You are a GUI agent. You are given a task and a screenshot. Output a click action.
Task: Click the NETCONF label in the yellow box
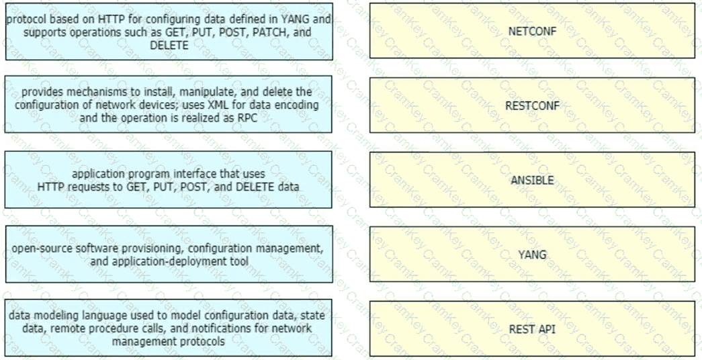pos(532,32)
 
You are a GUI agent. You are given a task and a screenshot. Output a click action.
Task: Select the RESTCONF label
pos(532,105)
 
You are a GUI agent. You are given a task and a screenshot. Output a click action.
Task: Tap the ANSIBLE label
pos(532,180)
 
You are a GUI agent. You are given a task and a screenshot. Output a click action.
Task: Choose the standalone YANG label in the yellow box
pos(532,255)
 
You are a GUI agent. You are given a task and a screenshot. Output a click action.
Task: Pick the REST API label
pos(532,329)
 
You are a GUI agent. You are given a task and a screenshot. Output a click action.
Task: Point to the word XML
pos(218,105)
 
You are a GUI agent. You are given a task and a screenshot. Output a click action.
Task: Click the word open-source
pos(37,248)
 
